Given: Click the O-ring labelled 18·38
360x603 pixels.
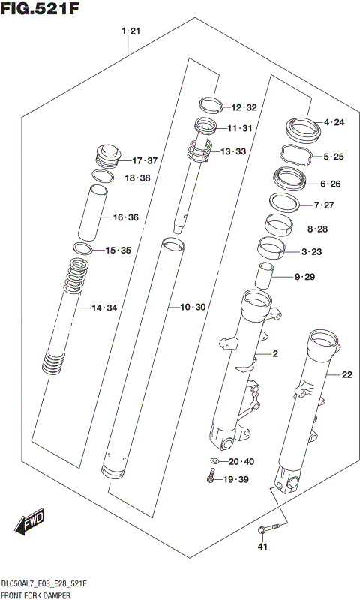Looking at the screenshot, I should coord(103,177).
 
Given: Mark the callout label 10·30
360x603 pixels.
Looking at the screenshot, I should coord(193,307).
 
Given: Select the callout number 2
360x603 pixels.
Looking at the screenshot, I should coord(275,354).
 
